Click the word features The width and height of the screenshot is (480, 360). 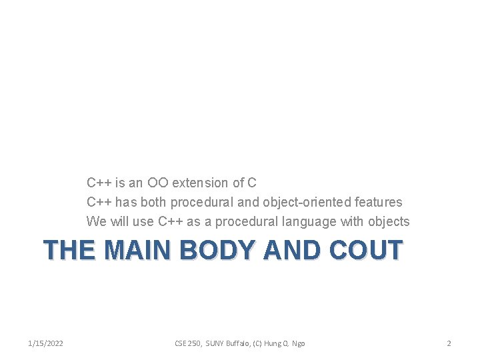click(x=378, y=202)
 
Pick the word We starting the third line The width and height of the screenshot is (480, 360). click(x=95, y=221)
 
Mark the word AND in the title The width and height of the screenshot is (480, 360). click(x=293, y=250)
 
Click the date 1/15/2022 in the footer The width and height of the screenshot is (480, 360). click(x=46, y=343)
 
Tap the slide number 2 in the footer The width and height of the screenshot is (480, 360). click(x=449, y=343)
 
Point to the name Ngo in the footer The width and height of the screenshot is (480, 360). click(x=299, y=343)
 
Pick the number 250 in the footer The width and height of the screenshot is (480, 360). click(x=193, y=343)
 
